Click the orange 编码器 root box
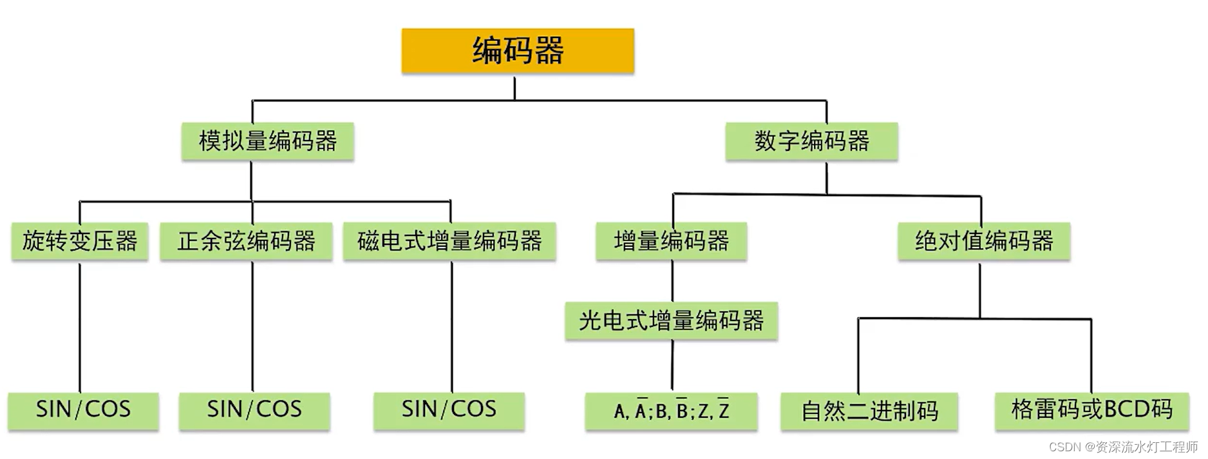(518, 50)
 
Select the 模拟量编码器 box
(268, 141)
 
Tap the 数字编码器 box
(811, 141)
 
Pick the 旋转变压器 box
(80, 241)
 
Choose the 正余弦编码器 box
(247, 241)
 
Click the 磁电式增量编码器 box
(449, 241)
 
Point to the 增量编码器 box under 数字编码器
(672, 241)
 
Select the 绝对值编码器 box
(984, 241)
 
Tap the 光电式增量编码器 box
(672, 320)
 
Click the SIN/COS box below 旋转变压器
(83, 410)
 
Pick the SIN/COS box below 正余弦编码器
(254, 410)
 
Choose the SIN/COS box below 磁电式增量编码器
(449, 410)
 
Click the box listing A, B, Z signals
(671, 411)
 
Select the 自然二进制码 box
(869, 411)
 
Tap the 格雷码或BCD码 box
(1091, 410)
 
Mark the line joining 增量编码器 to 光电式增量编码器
(672, 281)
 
